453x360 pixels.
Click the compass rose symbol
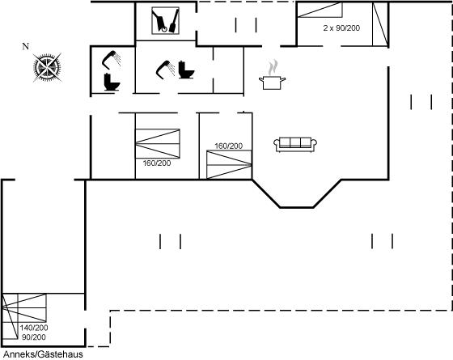47,68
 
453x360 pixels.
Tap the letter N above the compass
26,46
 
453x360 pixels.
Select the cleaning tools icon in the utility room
165,21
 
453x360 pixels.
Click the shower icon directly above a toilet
112,60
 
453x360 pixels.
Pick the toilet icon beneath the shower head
112,83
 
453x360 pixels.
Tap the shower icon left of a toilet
166,70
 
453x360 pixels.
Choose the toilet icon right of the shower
186,70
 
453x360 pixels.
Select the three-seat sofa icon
295,145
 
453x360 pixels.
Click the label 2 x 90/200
341,28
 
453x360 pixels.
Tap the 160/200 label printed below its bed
157,163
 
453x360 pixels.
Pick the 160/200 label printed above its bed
228,146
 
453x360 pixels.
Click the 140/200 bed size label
34,328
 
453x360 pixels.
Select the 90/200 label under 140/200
34,337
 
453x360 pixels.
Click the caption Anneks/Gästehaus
43,354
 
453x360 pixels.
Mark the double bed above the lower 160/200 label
158,144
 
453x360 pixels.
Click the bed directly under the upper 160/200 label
229,165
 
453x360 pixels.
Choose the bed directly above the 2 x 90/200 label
320,10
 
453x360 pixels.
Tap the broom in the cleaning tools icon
174,22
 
